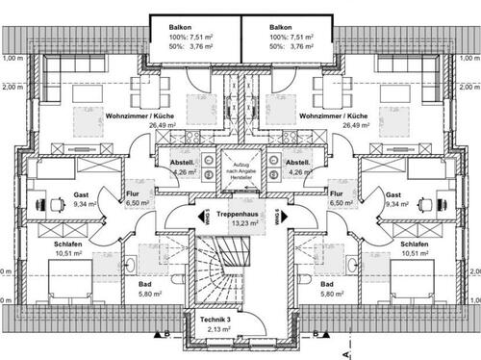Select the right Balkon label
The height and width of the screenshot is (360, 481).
[281, 29]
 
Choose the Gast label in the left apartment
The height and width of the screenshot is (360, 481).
[82, 194]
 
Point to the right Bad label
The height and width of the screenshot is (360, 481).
[326, 285]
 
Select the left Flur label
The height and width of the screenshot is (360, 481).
[134, 193]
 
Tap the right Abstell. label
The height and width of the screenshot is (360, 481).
[296, 164]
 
